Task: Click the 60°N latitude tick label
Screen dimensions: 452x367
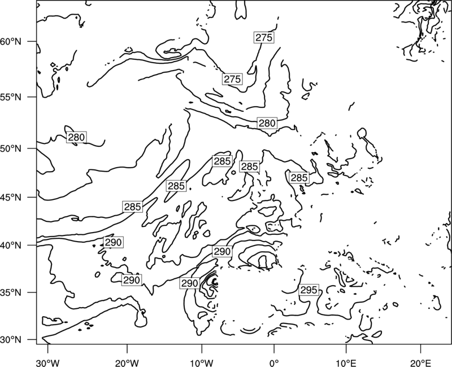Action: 11,42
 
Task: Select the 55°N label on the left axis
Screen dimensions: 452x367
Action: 11,97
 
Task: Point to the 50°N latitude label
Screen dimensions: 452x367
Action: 11,148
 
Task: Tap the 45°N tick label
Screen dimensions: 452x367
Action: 11,197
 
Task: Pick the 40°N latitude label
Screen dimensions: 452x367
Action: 11,246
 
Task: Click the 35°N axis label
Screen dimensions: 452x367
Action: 11,292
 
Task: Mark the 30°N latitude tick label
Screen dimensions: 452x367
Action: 11,340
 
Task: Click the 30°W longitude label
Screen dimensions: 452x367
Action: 47,363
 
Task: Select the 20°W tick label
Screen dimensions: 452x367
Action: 127,363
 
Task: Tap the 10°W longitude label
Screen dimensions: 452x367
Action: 201,363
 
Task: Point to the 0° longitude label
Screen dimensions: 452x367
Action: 274,363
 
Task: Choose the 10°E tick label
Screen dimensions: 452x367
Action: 346,363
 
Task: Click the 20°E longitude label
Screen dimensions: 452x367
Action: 420,363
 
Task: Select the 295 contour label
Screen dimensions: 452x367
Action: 308,290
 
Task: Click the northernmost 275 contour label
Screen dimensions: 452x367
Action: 264,37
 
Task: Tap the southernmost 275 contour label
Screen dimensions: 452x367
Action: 232,79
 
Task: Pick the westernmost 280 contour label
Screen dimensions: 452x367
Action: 76,137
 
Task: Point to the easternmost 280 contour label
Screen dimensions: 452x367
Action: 267,123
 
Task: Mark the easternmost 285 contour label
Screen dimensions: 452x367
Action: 299,178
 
